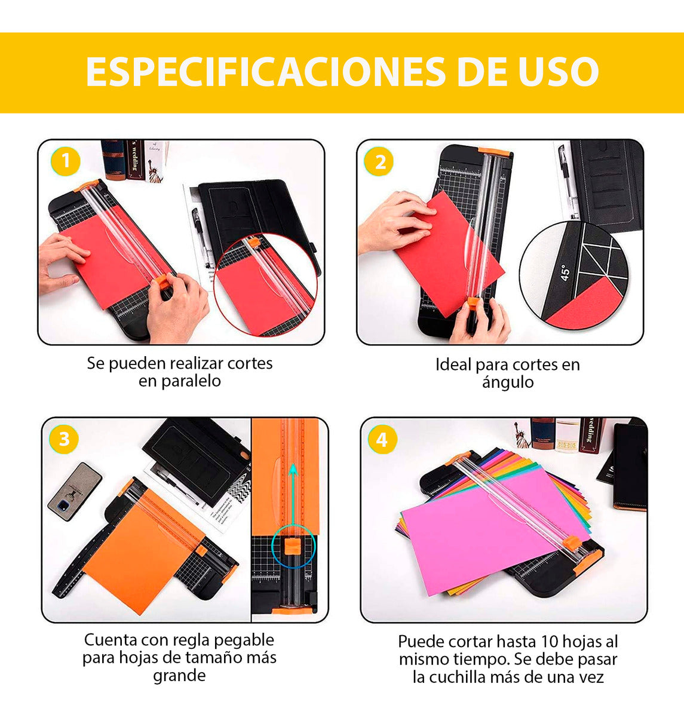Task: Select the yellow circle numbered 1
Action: [x=66, y=161]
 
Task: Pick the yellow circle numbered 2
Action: [x=380, y=162]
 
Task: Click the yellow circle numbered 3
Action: [x=63, y=440]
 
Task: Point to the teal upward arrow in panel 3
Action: [x=293, y=496]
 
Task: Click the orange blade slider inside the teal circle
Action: [x=293, y=545]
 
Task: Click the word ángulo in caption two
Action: [x=508, y=382]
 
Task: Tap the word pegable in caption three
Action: [x=244, y=640]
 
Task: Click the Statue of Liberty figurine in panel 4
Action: [x=522, y=434]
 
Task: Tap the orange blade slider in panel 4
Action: [x=570, y=543]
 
